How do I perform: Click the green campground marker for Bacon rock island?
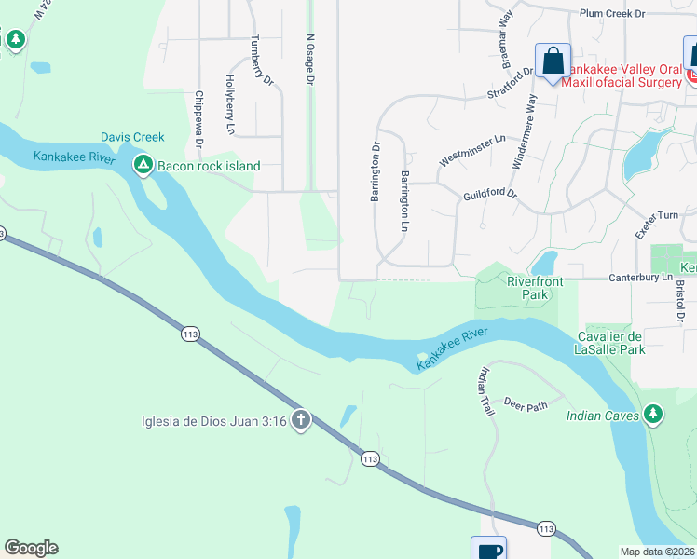(143, 166)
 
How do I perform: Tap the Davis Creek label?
(132, 137)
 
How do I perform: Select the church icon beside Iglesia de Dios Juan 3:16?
(300, 421)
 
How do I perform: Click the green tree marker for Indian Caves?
(654, 413)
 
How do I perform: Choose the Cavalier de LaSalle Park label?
(624, 343)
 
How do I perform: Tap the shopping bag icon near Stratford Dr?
(553, 61)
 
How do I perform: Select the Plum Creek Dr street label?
(611, 14)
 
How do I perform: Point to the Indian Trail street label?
(485, 391)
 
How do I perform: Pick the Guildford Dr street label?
(489, 196)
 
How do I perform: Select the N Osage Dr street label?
(309, 60)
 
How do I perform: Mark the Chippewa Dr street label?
(198, 119)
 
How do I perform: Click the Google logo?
(31, 548)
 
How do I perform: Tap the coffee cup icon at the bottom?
(489, 551)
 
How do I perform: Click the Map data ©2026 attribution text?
(656, 552)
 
